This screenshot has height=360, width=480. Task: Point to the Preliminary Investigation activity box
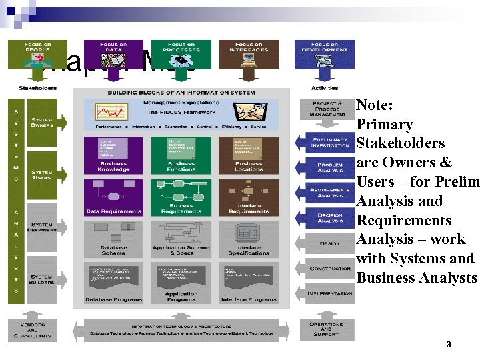tap(330, 141)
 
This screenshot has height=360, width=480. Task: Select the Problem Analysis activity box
tap(330, 167)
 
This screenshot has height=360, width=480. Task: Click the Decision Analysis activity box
tap(330, 218)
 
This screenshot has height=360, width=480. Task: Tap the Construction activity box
tap(330, 268)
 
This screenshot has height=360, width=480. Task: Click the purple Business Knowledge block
tap(113, 155)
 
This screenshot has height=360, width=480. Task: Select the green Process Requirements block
tap(181, 197)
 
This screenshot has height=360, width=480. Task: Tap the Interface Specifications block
tap(249, 239)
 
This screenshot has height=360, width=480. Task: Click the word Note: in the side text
tap(374, 105)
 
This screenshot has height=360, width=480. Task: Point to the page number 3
tap(449, 345)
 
